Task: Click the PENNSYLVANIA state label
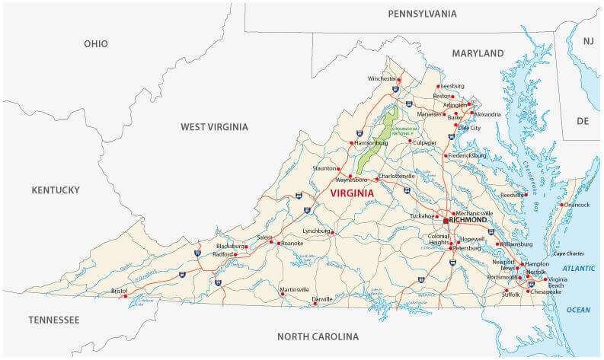422,14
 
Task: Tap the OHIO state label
96,44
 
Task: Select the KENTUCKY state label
56,190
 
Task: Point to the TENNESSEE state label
54,320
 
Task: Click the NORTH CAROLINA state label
318,336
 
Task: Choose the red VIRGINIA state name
352,193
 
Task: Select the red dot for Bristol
126,296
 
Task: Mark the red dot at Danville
315,303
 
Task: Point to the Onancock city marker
561,205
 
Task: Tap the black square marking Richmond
446,221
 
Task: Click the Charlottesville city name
397,176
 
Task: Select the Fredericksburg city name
467,155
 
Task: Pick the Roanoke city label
292,244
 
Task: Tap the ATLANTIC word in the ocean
580,269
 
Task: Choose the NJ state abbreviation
587,40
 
